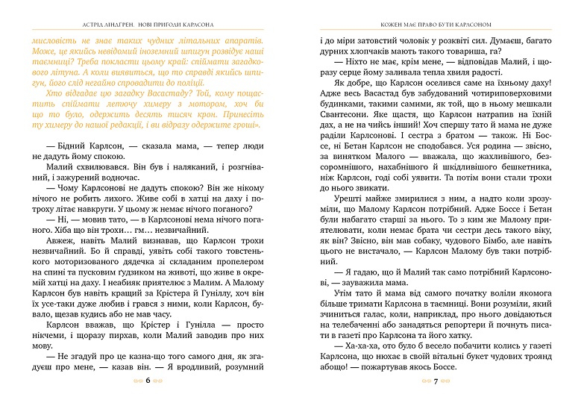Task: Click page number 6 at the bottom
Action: coord(148,380)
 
